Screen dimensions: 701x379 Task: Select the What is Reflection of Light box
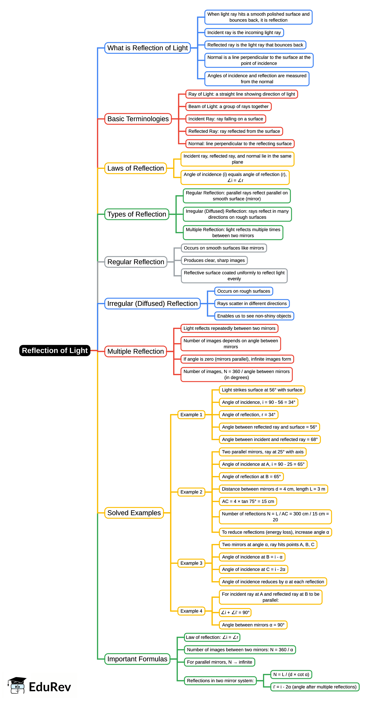coord(147,48)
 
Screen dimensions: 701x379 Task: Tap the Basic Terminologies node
coord(138,119)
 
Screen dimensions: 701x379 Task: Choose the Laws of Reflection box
coord(135,168)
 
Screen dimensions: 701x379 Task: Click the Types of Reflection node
coord(137,214)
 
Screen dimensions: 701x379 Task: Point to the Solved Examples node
coord(134,513)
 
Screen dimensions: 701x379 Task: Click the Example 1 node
coord(191,414)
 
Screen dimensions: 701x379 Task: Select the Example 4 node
coord(191,611)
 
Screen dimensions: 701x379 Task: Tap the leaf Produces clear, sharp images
coord(214,260)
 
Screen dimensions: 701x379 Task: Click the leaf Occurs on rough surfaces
coord(244,291)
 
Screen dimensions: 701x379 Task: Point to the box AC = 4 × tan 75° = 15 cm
coord(248,501)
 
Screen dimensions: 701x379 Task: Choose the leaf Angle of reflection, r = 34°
coord(249,414)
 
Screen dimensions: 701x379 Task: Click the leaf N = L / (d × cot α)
coord(291,674)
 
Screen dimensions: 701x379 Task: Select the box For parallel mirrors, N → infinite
coord(219,662)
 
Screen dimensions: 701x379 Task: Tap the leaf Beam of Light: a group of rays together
coord(228,106)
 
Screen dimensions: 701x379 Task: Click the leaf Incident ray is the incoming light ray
coord(244,33)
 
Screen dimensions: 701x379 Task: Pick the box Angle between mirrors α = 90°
coord(253,625)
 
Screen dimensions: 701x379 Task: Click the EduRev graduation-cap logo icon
coord(17,685)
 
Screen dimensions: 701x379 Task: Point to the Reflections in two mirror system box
coord(220,681)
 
